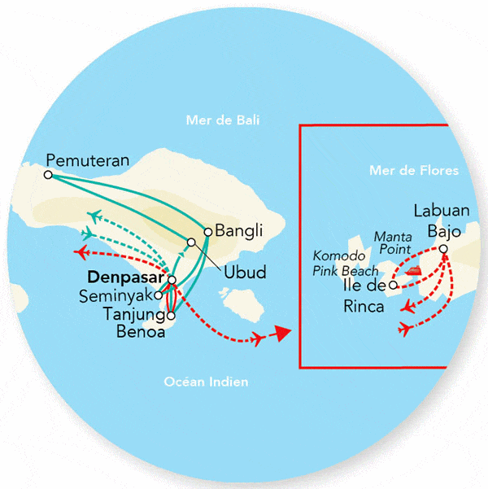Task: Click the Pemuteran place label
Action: coord(88,159)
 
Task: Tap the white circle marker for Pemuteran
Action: coord(48,174)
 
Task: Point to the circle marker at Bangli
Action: coord(207,231)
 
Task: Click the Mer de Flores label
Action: coord(413,171)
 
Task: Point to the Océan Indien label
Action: coord(206,382)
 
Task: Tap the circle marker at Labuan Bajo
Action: coord(443,249)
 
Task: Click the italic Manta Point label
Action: coord(392,242)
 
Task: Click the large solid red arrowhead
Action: coord(281,333)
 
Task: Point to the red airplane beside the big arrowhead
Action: coord(259,338)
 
